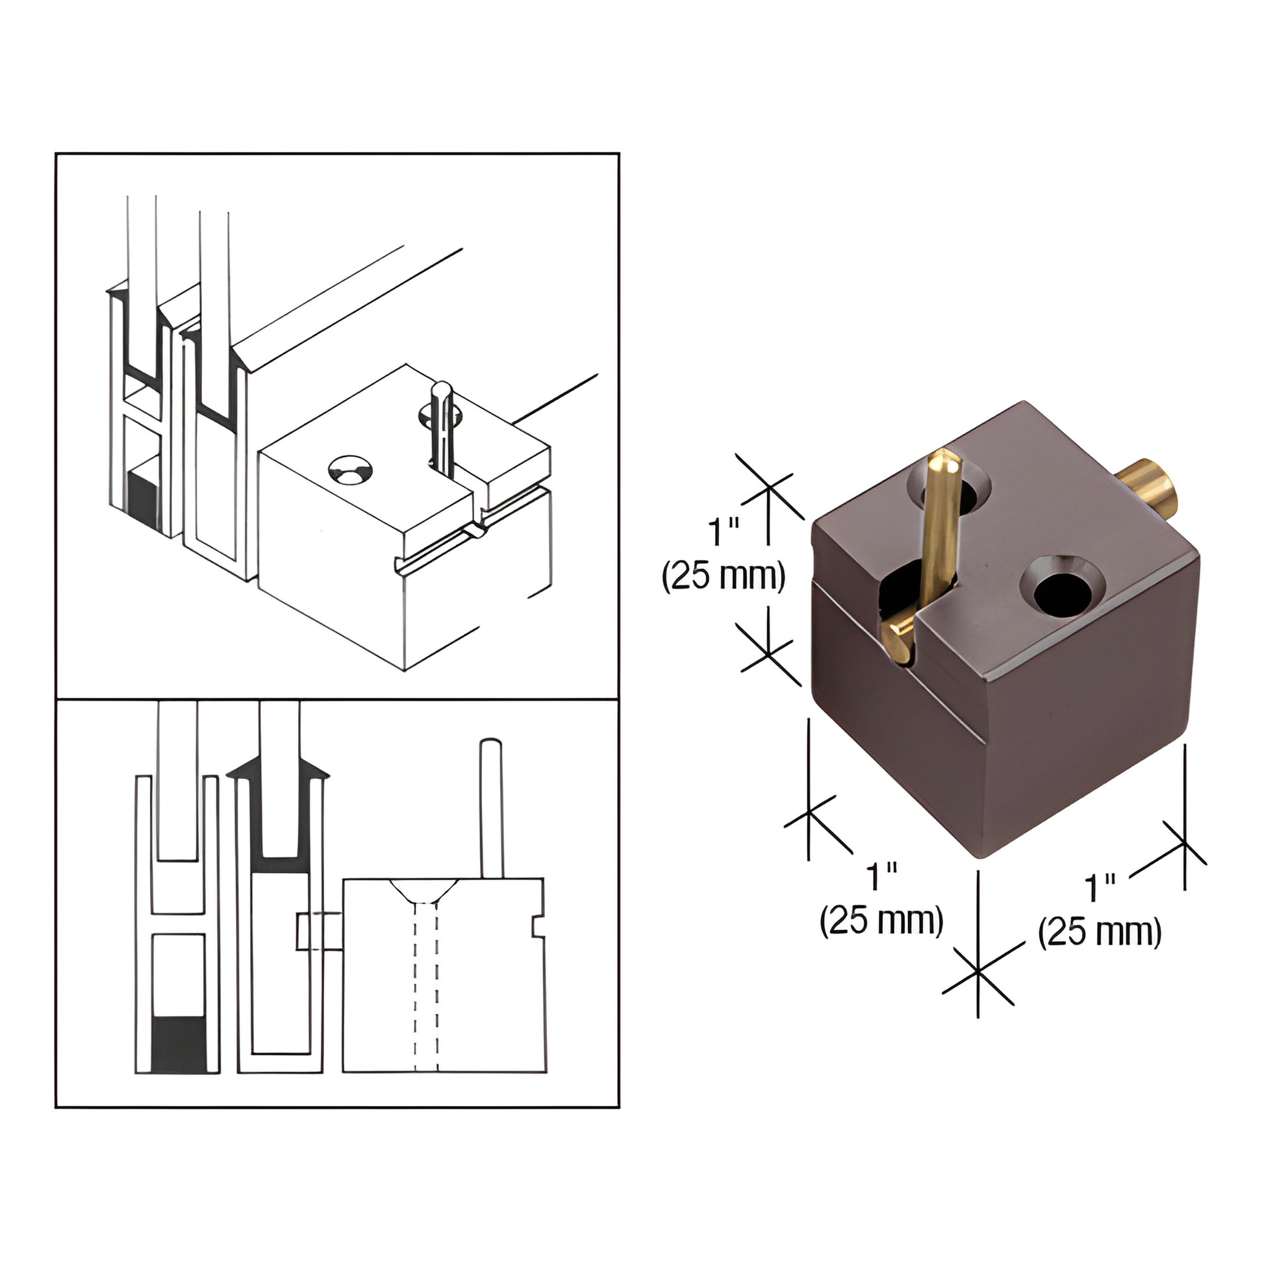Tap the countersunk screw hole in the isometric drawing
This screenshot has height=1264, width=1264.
pyautogui.click(x=350, y=471)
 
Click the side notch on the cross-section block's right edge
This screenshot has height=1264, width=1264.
pyautogui.click(x=538, y=926)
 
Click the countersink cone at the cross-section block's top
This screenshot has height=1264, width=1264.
pyautogui.click(x=424, y=891)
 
